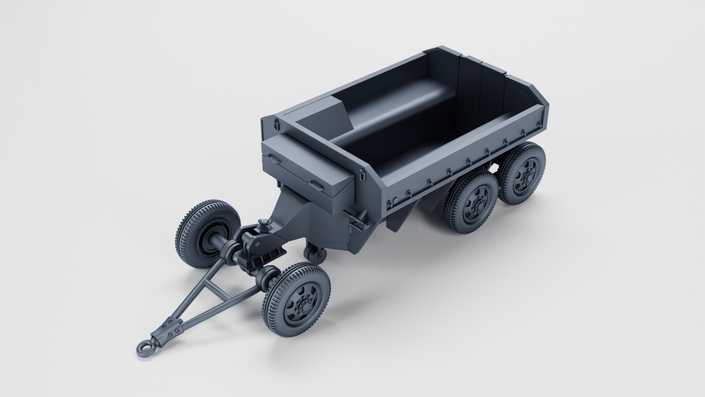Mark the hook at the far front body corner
coord(276,124)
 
